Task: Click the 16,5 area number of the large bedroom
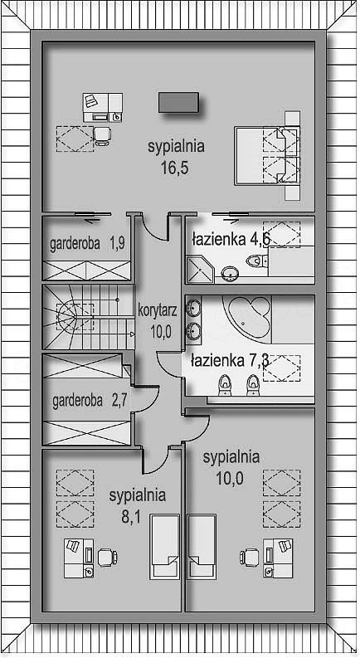tap(173, 168)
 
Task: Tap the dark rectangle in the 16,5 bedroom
tap(178, 102)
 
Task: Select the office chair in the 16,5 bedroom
tap(102, 135)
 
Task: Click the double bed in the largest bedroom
tap(267, 156)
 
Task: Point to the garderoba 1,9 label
tap(87, 243)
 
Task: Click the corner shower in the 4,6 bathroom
tap(200, 270)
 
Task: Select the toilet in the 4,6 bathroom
tap(257, 261)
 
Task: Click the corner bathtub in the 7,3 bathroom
tap(246, 316)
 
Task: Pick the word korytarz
tap(158, 310)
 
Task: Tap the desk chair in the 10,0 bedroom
tap(250, 558)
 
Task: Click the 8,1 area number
tap(130, 517)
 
